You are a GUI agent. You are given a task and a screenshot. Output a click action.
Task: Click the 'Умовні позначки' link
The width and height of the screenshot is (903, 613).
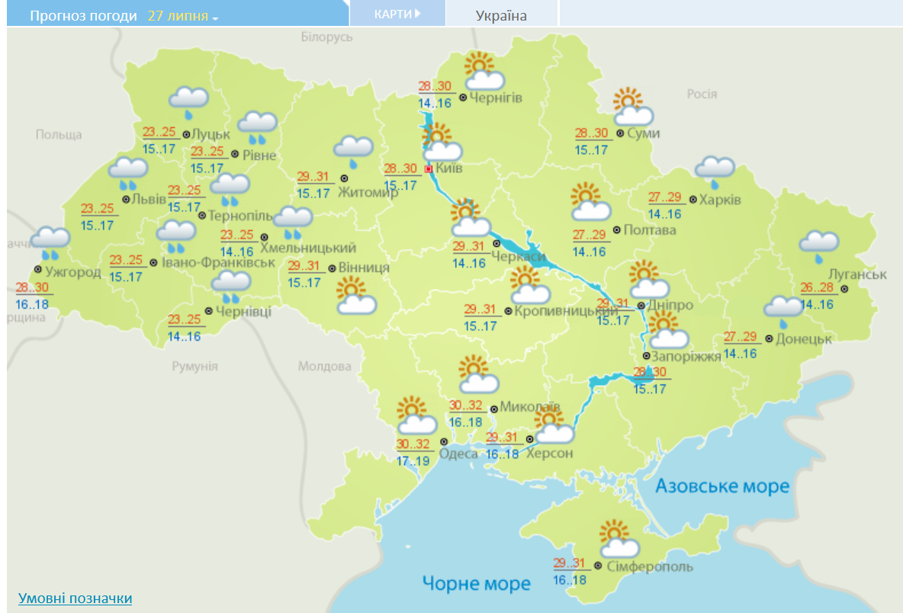pos(75,599)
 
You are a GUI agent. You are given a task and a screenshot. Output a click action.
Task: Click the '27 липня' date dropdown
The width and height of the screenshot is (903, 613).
pos(182,16)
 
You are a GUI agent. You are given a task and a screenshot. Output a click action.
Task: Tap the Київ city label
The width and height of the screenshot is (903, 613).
pos(449,168)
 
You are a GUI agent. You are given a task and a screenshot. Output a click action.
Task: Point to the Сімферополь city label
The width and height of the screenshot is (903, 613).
pos(649,566)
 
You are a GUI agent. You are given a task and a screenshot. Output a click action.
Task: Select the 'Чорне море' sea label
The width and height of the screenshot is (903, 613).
pos(477,584)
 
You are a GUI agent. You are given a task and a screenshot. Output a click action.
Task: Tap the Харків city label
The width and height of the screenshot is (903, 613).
pos(721,200)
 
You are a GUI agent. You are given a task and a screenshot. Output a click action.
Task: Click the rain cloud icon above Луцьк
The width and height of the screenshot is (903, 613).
pos(189,100)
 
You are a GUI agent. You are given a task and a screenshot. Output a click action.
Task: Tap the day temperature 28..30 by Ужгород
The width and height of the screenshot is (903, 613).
pos(32,288)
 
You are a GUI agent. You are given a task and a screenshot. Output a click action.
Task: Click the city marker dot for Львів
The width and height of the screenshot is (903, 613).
pos(126,200)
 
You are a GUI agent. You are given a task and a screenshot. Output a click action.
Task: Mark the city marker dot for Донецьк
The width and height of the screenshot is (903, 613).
pos(769,339)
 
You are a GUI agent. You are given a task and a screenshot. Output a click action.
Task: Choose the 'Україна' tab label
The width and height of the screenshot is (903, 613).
pos(501,15)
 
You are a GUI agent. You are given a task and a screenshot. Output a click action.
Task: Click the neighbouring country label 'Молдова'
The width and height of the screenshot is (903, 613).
pos(324,367)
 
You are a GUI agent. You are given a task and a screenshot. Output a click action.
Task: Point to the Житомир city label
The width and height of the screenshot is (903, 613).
pos(369,191)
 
